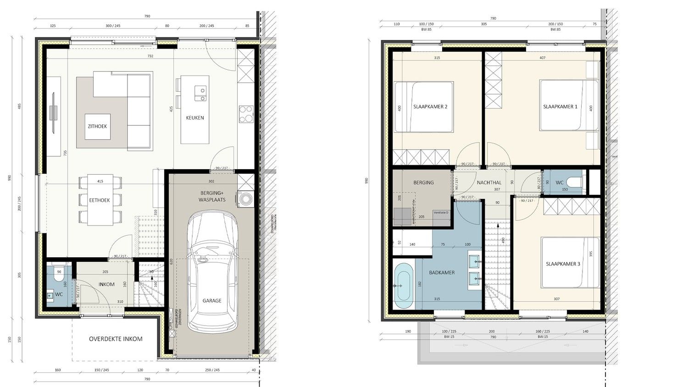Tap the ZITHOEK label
(97, 126)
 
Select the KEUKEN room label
(195, 118)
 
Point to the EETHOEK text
(99, 200)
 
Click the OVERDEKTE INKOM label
(116, 339)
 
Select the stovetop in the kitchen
(246, 115)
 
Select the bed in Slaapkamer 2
(423, 107)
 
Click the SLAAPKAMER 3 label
(563, 264)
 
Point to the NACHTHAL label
(489, 182)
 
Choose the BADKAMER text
(442, 272)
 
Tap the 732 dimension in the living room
(150, 56)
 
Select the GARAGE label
(212, 301)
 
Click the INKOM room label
(106, 284)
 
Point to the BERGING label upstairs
(423, 182)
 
